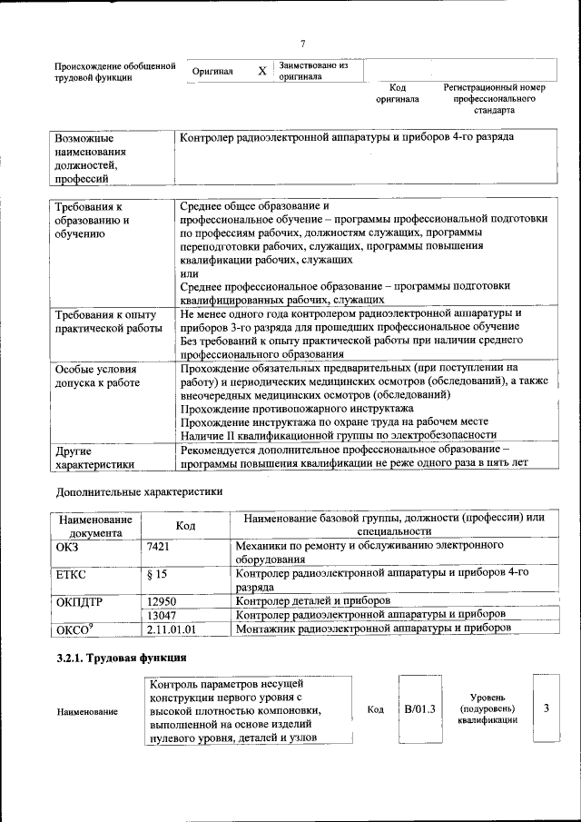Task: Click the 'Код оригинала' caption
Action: click(398, 94)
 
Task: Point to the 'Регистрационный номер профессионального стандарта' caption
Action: click(494, 99)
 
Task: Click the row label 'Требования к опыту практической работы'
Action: click(98, 322)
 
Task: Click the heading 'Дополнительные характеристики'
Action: click(139, 491)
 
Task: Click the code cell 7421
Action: click(158, 546)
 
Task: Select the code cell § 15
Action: click(156, 574)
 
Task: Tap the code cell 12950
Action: click(161, 600)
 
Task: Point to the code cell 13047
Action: click(161, 614)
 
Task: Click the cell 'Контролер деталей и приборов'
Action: click(312, 600)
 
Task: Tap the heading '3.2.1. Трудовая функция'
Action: click(122, 657)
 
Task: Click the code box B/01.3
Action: click(420, 708)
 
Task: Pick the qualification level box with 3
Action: click(547, 708)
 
